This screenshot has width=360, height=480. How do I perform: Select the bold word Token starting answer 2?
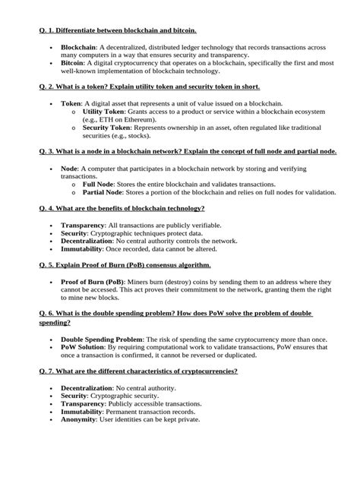pyautogui.click(x=71, y=103)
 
